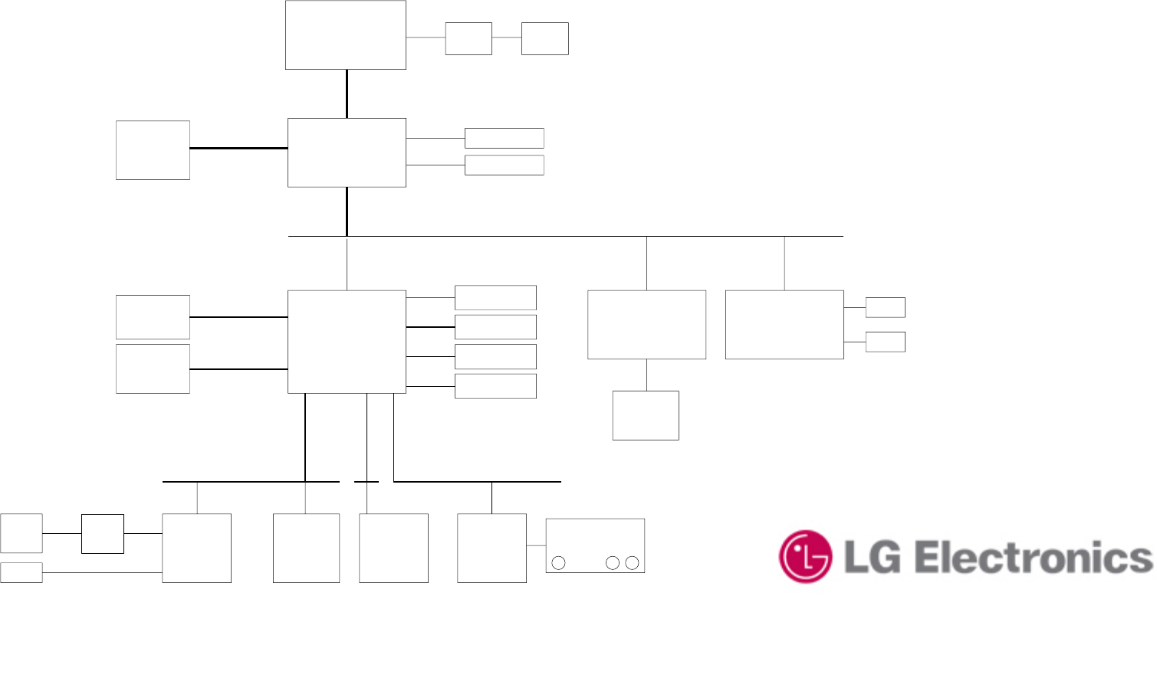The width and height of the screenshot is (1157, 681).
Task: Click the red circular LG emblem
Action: coord(805,556)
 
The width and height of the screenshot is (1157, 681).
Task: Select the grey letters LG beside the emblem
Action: coord(872,558)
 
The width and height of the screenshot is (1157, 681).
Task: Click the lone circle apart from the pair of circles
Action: coord(559,563)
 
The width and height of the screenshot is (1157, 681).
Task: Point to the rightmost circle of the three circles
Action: coord(633,563)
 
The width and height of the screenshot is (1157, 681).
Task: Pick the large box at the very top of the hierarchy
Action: coord(346,35)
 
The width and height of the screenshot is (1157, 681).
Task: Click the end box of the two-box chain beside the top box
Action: coord(545,38)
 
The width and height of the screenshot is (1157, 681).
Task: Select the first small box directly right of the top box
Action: coord(468,38)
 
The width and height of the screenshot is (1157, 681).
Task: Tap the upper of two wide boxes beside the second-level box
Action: coord(505,139)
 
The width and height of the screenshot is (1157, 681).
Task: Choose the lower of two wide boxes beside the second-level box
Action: coord(505,165)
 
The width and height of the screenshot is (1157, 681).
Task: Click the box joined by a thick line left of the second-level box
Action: coord(153,150)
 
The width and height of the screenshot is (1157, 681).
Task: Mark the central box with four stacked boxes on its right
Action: coord(347,342)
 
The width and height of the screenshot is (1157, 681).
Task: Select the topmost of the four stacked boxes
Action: coord(495,297)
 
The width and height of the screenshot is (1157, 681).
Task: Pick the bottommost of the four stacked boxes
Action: coord(495,386)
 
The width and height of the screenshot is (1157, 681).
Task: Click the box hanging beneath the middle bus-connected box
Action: coord(646,415)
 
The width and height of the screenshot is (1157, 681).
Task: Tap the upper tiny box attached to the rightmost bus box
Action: coord(886,307)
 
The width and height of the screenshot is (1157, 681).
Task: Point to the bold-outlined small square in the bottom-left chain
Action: coord(103,534)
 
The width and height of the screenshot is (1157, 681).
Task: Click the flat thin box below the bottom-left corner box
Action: coord(21,572)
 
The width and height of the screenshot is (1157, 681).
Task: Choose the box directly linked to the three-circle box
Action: coord(491,548)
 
